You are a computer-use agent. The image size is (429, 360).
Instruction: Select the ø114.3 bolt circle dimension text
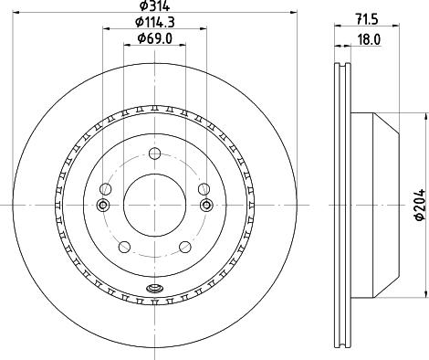click(x=153, y=22)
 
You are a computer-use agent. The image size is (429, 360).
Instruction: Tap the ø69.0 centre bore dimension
click(x=153, y=37)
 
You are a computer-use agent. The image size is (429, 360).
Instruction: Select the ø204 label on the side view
click(x=418, y=203)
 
